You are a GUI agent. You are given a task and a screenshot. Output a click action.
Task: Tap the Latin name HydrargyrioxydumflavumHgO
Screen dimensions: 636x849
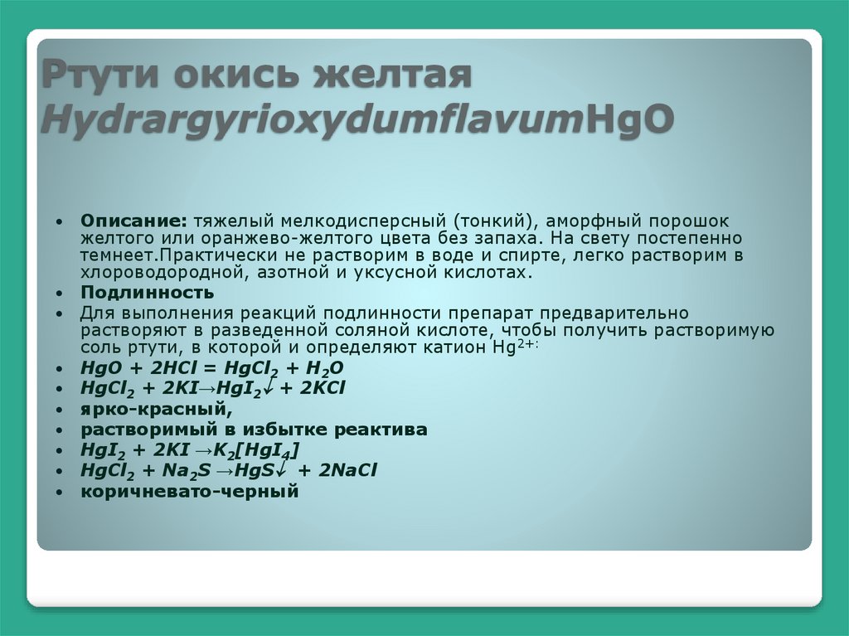click(x=357, y=121)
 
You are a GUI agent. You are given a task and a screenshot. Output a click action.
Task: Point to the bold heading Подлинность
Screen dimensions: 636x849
click(x=147, y=293)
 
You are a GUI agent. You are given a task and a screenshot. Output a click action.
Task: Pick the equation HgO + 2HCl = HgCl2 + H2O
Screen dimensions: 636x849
click(x=211, y=368)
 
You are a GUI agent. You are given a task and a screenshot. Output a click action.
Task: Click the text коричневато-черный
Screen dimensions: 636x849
click(x=189, y=491)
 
